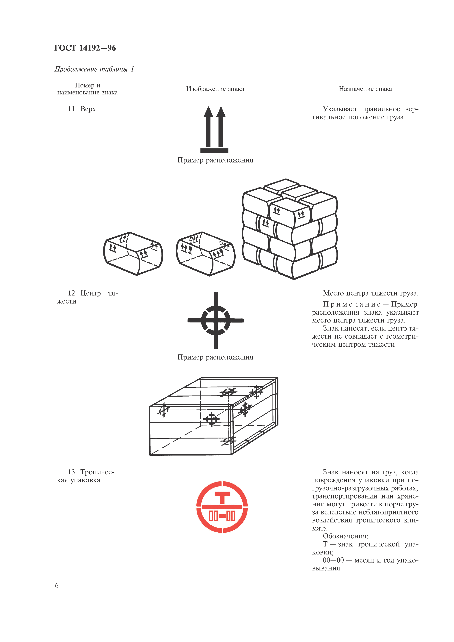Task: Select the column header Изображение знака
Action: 215,89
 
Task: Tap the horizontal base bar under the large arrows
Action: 214,151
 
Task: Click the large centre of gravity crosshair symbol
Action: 216,320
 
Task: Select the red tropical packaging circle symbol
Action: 222,507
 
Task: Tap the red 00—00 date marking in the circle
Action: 222,516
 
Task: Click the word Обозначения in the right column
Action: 345,536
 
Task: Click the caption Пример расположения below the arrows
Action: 215,160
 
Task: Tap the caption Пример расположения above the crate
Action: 215,357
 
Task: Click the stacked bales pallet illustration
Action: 290,229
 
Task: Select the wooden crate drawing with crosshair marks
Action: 213,417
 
